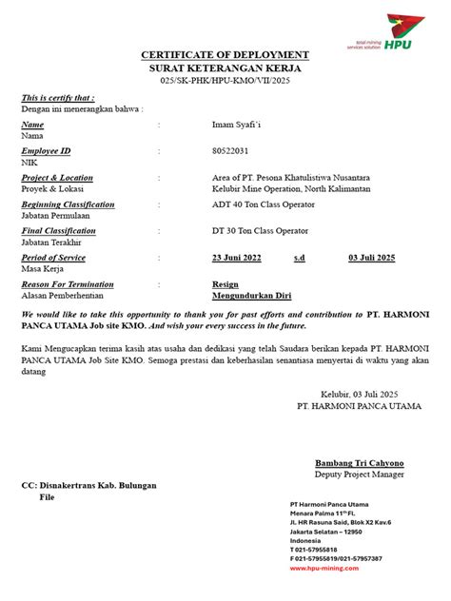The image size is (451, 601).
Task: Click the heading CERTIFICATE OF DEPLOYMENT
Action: pos(225,56)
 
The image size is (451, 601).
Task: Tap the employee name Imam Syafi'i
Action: pos(239,125)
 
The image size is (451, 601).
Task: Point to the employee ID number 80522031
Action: pos(232,151)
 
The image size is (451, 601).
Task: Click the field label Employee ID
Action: pos(46,151)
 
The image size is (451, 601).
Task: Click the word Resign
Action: pos(225,284)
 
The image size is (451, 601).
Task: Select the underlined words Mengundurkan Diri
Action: pos(250,296)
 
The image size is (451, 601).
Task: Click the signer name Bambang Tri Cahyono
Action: pos(360,463)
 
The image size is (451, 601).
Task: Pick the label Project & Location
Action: pos(57,178)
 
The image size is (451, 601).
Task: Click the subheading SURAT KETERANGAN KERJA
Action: pos(225,70)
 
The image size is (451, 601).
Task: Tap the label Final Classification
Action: pos(58,231)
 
